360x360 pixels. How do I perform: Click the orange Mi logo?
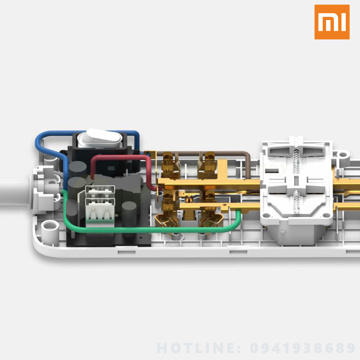click(332, 22)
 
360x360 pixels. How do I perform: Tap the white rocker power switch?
click(100, 138)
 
